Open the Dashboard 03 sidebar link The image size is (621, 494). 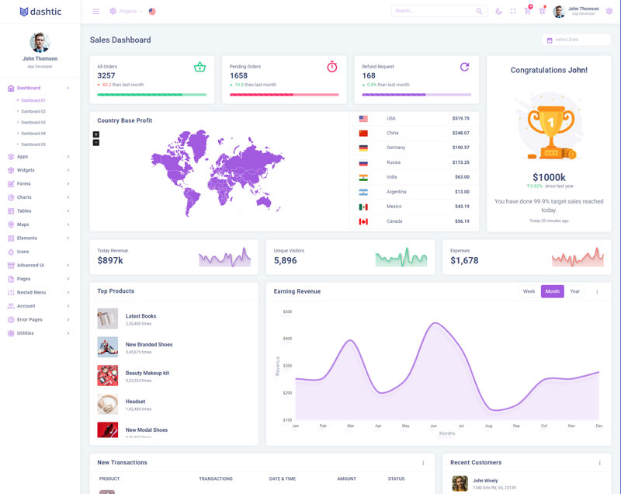(x=33, y=122)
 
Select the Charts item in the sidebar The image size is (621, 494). (x=24, y=197)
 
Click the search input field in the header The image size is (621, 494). (x=433, y=11)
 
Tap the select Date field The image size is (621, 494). (x=576, y=40)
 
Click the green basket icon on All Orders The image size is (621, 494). (x=199, y=68)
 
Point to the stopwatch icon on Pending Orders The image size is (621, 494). (x=332, y=68)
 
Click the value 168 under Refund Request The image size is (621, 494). (x=369, y=75)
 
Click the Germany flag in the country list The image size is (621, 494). (x=363, y=148)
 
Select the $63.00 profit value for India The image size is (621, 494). (x=462, y=177)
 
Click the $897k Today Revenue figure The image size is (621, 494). (x=110, y=260)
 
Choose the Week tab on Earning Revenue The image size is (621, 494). (x=529, y=291)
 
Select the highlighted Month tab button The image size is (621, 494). (x=552, y=291)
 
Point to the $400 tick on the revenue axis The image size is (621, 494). (x=287, y=339)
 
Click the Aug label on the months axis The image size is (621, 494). (x=488, y=426)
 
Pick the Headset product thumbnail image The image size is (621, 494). (x=108, y=404)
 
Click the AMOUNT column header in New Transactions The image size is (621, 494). (x=346, y=478)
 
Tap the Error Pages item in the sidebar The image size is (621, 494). (x=29, y=319)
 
